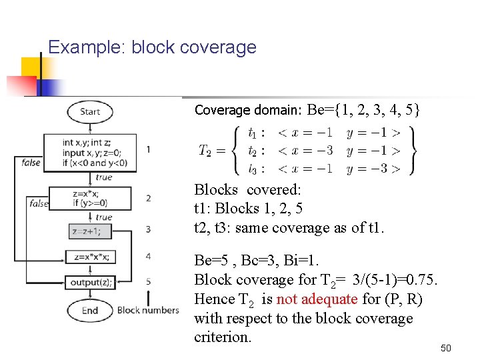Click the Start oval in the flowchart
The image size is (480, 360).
pos(89,111)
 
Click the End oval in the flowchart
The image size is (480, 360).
pos(89,311)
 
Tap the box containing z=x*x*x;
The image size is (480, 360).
pos(90,257)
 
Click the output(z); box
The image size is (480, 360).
pos(90,283)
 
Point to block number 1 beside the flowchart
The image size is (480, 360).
pos(147,149)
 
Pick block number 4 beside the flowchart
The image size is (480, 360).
pos(147,256)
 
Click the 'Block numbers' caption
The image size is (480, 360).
pos(148,310)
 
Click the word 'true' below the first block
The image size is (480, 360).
pos(103,177)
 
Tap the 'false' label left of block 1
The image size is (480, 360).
pos(31,162)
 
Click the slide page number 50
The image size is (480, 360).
pos(446,348)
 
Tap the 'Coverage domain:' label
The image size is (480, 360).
pos(249,110)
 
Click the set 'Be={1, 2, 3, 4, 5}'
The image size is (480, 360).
pos(364,109)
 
